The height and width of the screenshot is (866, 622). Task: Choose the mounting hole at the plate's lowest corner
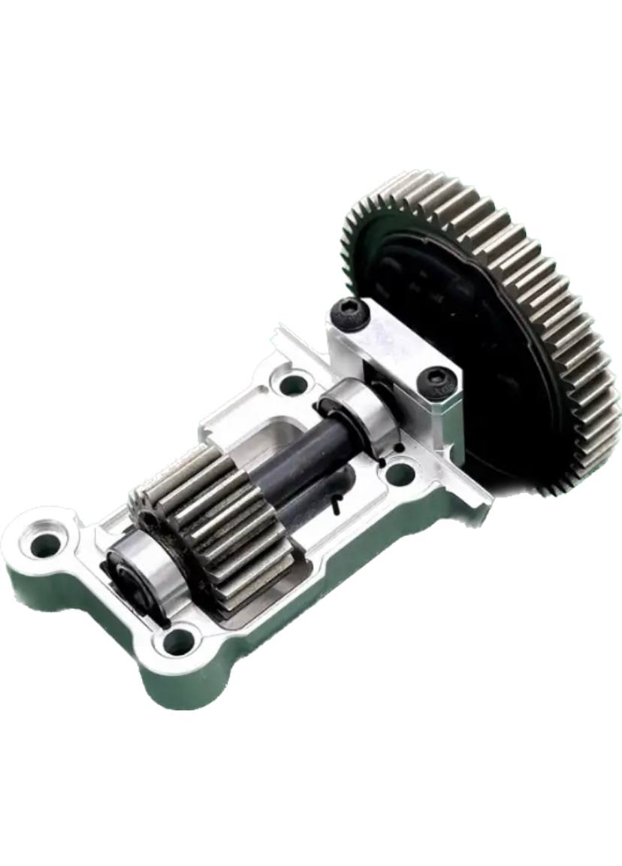point(179,641)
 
